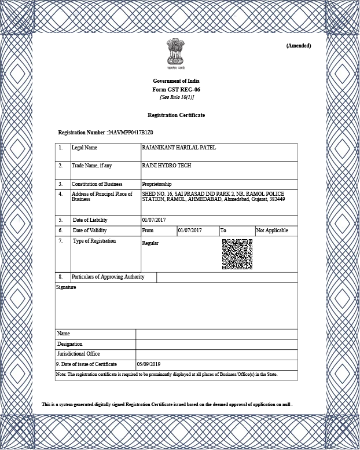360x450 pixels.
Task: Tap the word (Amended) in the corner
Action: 299,46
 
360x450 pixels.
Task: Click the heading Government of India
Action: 176,81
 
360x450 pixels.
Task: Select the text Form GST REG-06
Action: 176,90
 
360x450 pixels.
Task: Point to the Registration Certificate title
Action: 176,115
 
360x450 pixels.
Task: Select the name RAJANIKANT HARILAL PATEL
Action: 179,148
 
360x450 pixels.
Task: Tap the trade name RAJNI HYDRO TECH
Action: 166,166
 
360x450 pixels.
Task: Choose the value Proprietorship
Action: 157,184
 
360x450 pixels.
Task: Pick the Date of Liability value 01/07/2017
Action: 153,220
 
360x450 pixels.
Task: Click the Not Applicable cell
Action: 272,231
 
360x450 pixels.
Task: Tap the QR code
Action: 237,254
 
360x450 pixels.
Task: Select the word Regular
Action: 150,243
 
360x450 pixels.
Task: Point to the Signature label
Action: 66,287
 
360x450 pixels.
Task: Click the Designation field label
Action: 69,344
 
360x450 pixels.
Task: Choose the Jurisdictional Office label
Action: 78,354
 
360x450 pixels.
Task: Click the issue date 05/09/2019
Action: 148,364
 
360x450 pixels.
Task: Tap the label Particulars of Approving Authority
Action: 108,277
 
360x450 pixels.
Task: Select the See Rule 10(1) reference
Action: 177,97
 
